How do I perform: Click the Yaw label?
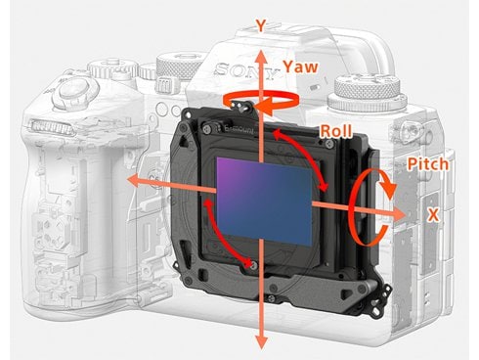300,67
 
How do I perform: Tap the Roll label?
336,131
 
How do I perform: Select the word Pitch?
428,164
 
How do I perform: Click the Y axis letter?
261,25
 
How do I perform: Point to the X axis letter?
433,215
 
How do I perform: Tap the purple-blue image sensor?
264,201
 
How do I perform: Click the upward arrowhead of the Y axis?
260,58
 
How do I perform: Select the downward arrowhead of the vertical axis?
261,341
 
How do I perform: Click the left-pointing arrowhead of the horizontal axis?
135,180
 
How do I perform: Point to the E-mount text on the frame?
239,130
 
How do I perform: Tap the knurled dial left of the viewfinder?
179,67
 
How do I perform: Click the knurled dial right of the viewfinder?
368,88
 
